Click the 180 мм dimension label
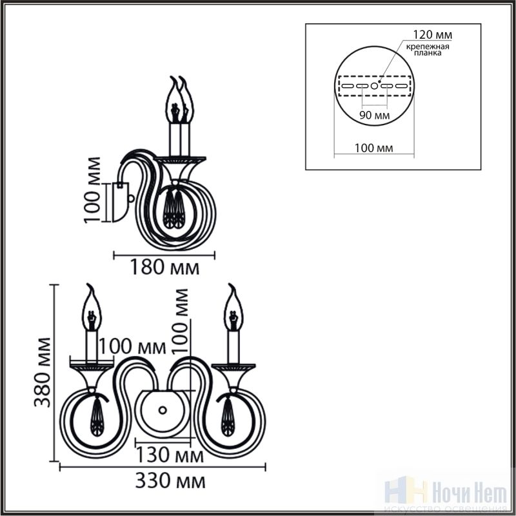[x=165, y=267]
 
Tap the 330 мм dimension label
[x=170, y=481]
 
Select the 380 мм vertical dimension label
[x=43, y=372]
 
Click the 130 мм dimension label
[x=170, y=455]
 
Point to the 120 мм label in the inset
[x=432, y=35]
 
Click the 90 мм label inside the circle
[x=375, y=115]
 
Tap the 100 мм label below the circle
[x=373, y=148]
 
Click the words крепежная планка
[x=428, y=50]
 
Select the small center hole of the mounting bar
[x=374, y=86]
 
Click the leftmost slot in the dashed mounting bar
[x=348, y=86]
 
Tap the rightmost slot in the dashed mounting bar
[x=401, y=86]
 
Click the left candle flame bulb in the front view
[x=92, y=308]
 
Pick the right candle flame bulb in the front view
[x=233, y=308]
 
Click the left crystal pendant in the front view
[x=96, y=417]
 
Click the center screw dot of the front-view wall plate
[x=163, y=410]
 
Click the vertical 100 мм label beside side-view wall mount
[x=92, y=190]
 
